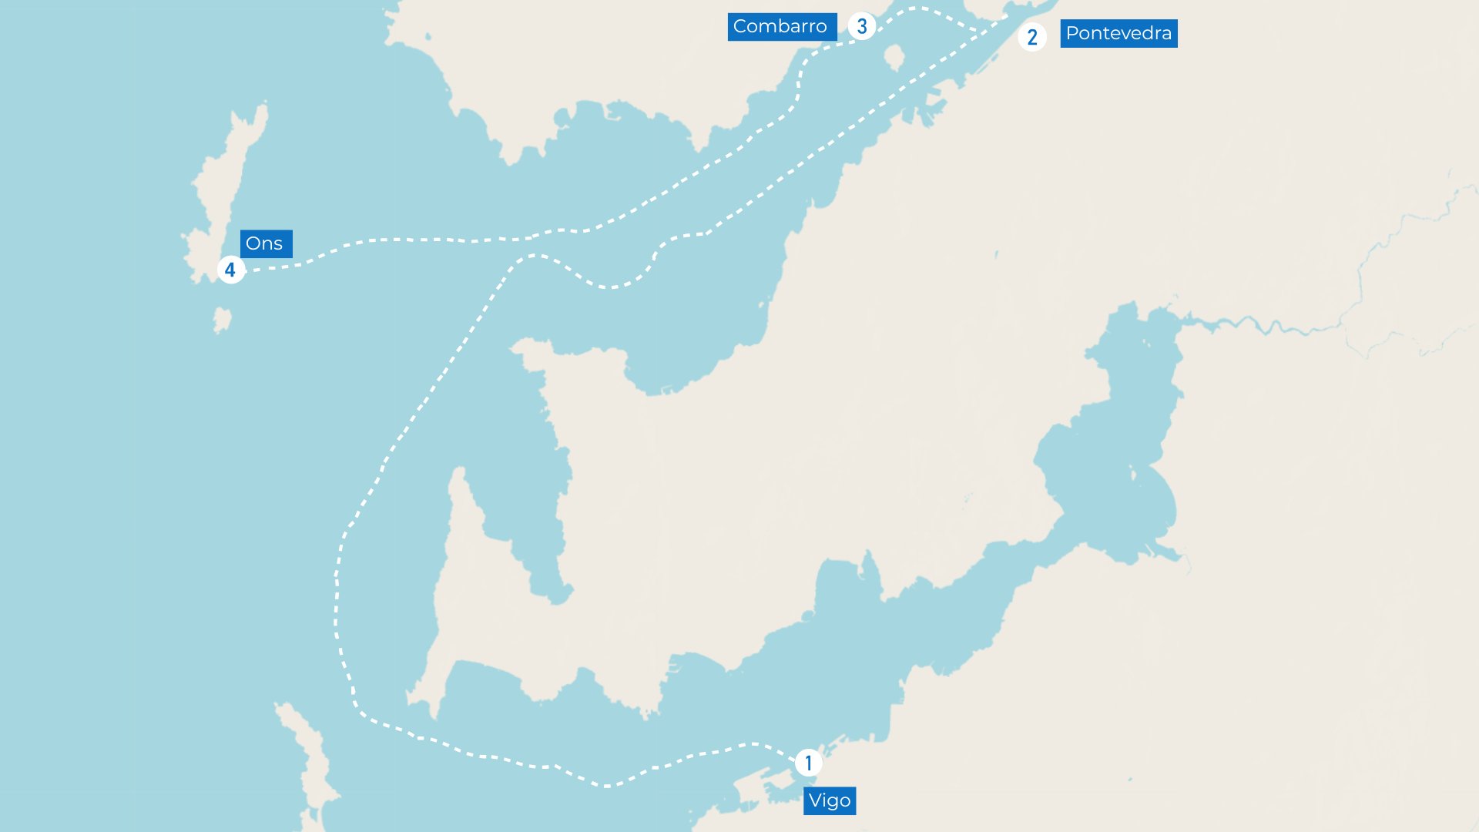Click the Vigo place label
pos(830,800)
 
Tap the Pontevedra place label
pos(1118,33)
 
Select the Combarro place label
pos(781,26)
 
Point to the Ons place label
pos(265,243)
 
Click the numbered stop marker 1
pos(808,763)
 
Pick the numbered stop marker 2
pos(1032,37)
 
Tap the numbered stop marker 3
pos(862,26)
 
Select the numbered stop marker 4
pos(230,270)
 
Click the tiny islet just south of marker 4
pos(222,319)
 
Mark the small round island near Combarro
pos(894,56)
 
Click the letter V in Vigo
pos(816,800)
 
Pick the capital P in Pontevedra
pos(1072,33)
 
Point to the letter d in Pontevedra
pos(1149,33)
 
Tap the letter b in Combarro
pos(788,26)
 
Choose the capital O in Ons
pos(253,243)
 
